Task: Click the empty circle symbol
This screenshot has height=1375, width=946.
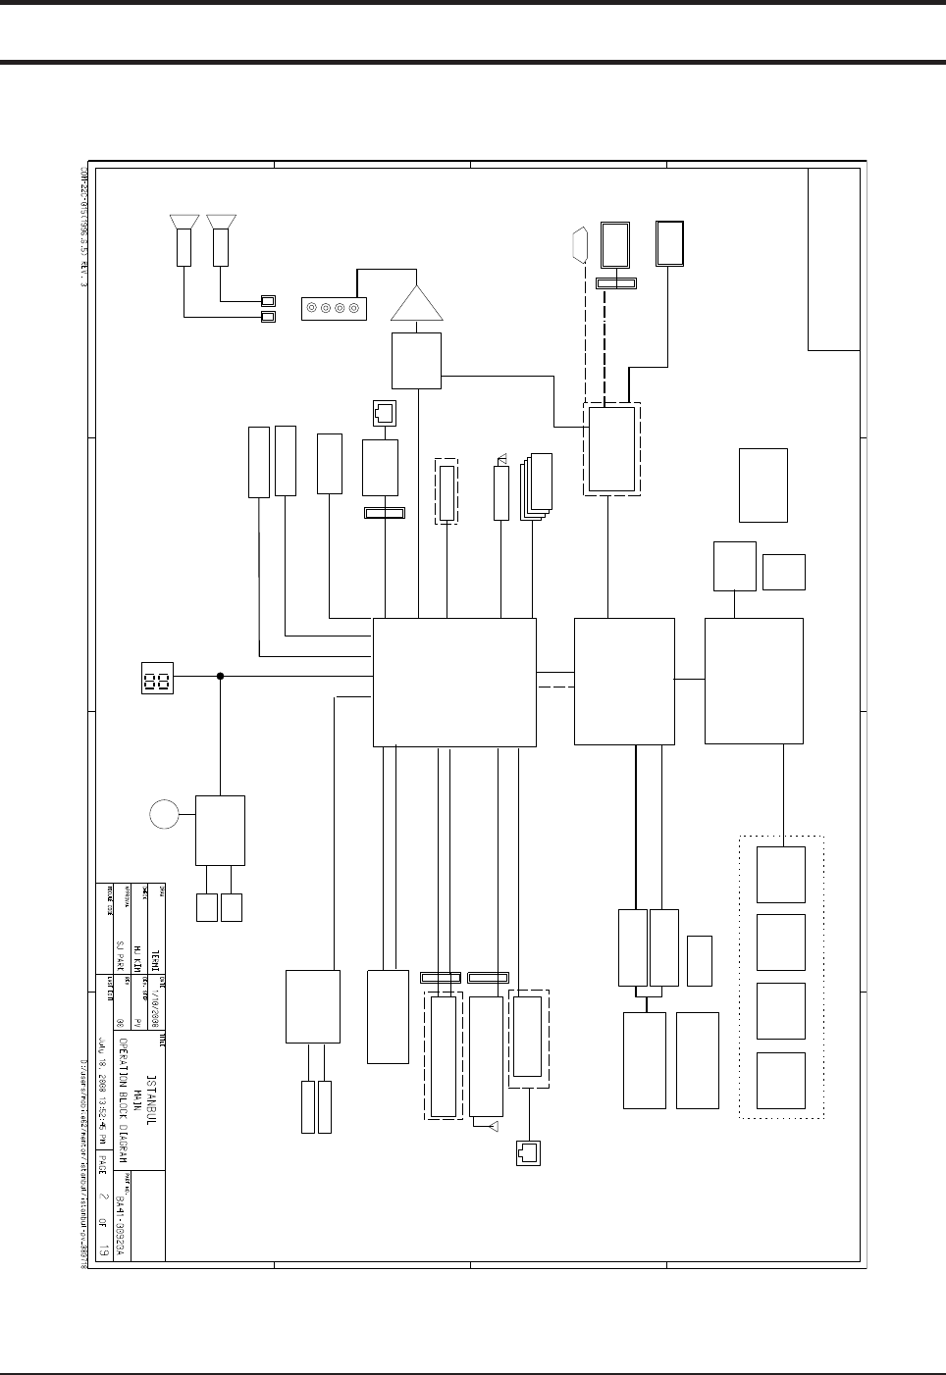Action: [166, 814]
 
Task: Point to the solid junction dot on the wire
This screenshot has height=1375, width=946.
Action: [220, 676]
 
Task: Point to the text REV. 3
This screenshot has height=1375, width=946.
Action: [84, 268]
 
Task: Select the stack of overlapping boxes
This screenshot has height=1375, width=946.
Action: [537, 484]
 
